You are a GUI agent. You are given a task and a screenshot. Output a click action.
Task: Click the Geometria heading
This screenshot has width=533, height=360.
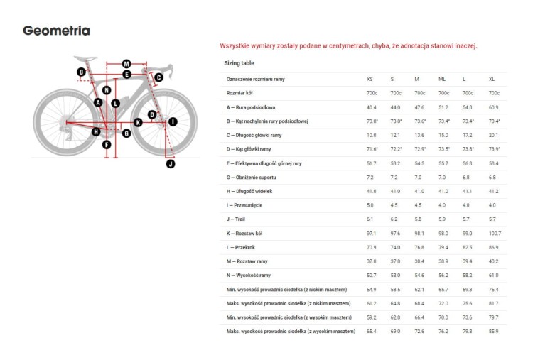(x=56, y=31)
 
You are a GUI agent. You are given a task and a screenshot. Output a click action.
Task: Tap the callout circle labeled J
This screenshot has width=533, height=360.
(x=170, y=163)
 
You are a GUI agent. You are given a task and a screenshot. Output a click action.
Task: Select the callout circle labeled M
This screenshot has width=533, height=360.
(x=126, y=64)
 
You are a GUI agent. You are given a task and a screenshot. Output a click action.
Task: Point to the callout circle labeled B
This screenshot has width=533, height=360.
(x=81, y=72)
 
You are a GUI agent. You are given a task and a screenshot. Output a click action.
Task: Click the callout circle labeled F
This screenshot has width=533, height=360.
(x=107, y=145)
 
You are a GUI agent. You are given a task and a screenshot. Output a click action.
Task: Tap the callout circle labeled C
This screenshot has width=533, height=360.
(x=159, y=77)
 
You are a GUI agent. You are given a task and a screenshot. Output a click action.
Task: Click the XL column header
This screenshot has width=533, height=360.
(x=492, y=79)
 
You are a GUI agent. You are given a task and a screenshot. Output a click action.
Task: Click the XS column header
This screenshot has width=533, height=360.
(x=370, y=79)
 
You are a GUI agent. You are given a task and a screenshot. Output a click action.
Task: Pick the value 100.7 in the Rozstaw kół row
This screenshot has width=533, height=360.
(x=495, y=233)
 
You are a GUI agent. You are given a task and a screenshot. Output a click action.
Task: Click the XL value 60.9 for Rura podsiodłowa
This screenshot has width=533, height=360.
(x=494, y=107)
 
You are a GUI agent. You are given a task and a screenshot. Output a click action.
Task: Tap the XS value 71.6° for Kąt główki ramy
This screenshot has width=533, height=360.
(x=372, y=149)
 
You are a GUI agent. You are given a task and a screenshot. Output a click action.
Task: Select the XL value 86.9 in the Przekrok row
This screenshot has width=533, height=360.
(x=494, y=247)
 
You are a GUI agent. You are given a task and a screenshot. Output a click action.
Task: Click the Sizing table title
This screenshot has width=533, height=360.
(x=239, y=63)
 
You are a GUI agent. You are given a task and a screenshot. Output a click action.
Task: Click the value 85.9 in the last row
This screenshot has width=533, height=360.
(x=494, y=332)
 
